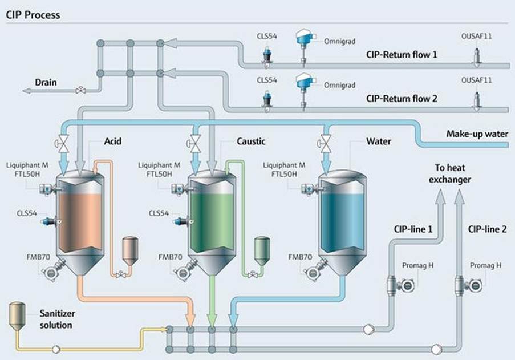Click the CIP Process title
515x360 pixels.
pyautogui.click(x=33, y=14)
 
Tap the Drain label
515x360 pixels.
pyautogui.click(x=46, y=82)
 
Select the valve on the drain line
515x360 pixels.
pyautogui.click(x=81, y=90)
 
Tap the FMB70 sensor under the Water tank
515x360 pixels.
pyautogui.click(x=313, y=270)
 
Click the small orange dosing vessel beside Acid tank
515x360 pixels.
pyautogui.click(x=129, y=251)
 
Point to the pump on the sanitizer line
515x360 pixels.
pyautogui.click(x=56, y=349)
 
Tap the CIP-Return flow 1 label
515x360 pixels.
pyautogui.click(x=402, y=55)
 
